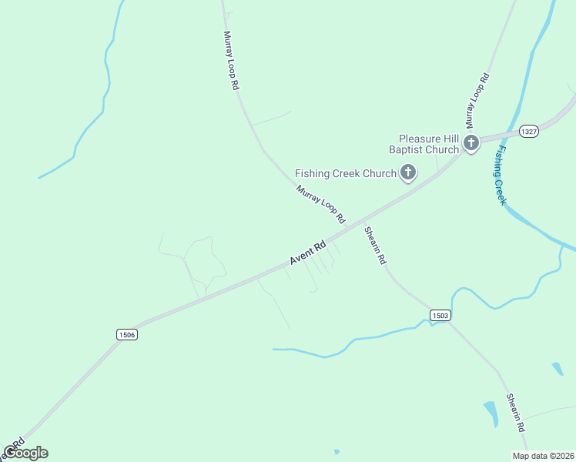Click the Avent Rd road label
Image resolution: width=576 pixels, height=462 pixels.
[x=308, y=252]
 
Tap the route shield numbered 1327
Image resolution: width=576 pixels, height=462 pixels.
[x=528, y=132]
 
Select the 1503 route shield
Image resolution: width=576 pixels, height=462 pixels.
[x=440, y=316]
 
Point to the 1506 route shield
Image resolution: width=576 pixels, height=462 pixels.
[x=127, y=334]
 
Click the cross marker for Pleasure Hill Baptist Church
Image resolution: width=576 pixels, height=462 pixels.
[x=471, y=142]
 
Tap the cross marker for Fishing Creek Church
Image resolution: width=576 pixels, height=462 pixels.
[x=407, y=173]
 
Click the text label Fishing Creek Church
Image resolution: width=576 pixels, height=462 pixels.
[x=346, y=173]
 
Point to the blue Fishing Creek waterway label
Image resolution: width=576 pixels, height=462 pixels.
[x=501, y=175]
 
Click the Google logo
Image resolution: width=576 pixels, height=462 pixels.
[x=25, y=453]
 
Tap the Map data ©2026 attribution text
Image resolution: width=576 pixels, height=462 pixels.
[x=543, y=456]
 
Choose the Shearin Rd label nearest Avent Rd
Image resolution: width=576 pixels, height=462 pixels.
[x=375, y=246]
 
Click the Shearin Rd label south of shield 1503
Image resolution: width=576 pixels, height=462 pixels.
[x=516, y=412]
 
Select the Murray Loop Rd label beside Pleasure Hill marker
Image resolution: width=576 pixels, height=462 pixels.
[x=477, y=100]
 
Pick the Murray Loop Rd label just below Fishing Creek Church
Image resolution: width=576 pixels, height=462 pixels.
[x=320, y=204]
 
